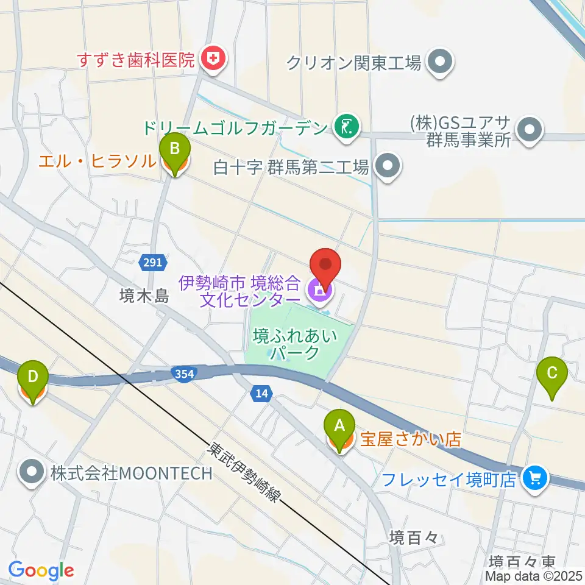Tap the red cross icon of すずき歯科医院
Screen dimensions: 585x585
pyautogui.click(x=213, y=59)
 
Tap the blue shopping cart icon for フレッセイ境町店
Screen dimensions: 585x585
pyautogui.click(x=535, y=478)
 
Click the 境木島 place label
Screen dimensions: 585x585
pyautogui.click(x=143, y=296)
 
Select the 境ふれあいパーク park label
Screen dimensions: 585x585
pyautogui.click(x=286, y=343)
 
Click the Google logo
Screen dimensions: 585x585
pyautogui.click(x=41, y=570)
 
